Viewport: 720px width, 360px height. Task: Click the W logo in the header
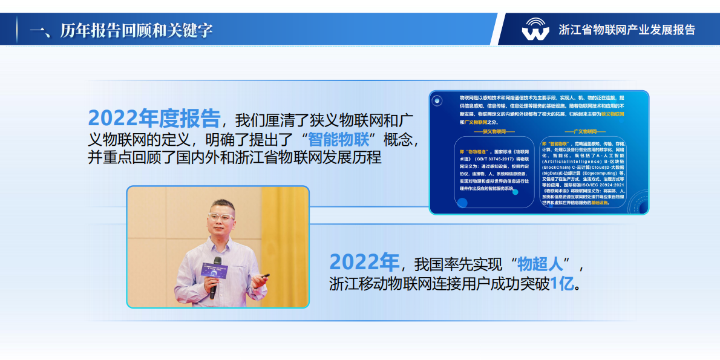(535, 29)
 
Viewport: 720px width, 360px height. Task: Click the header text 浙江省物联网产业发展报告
(627, 30)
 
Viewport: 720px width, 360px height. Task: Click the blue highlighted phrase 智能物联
(338, 139)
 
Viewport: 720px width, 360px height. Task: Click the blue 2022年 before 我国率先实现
(364, 263)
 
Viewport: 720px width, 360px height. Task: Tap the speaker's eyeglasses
(221, 216)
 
